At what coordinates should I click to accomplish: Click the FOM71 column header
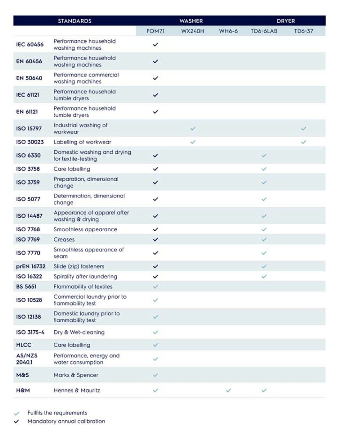(156, 31)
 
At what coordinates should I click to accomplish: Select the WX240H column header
(193, 31)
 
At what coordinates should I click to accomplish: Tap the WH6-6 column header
(228, 31)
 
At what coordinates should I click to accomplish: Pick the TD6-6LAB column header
(264, 31)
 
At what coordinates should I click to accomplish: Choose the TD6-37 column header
(304, 31)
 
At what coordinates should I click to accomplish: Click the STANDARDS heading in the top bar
(75, 21)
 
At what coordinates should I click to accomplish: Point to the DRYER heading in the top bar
(286, 21)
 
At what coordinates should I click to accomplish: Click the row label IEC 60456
(30, 45)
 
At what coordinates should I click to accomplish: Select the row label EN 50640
(30, 78)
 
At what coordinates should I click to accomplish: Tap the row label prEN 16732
(31, 266)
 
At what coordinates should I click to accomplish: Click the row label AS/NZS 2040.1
(27, 359)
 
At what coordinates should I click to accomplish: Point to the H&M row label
(23, 390)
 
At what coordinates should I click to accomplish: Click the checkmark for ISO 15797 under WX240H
(193, 128)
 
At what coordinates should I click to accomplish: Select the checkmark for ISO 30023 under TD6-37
(304, 142)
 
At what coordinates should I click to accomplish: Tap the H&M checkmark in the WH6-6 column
(228, 390)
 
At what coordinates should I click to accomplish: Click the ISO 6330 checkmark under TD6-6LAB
(264, 155)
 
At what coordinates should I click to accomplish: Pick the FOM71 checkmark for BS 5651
(156, 287)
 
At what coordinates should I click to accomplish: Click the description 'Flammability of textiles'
(83, 287)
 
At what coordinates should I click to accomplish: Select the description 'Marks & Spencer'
(76, 375)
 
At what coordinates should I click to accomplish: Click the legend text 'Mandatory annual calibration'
(66, 421)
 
